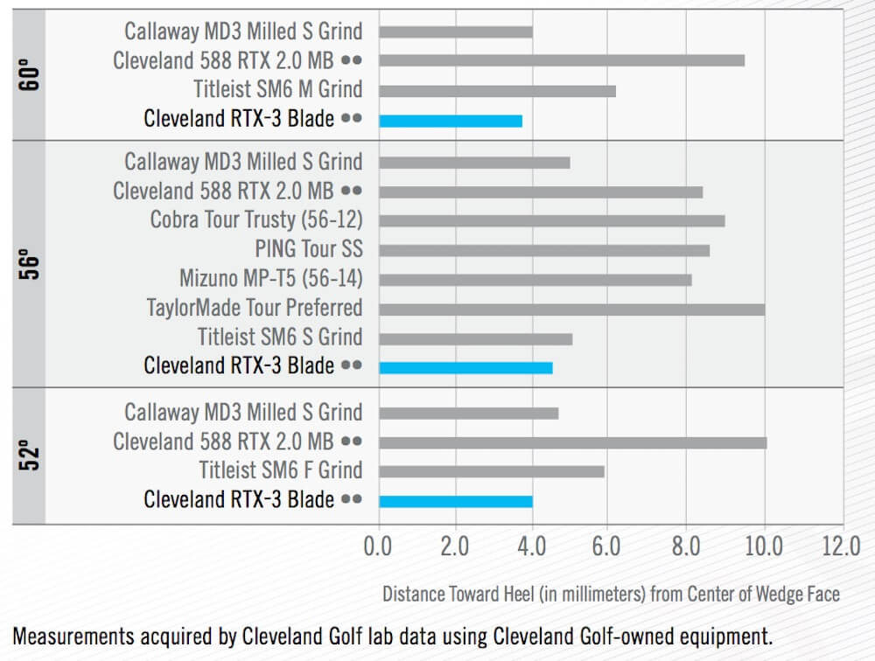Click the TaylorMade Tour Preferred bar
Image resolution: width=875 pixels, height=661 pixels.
571,309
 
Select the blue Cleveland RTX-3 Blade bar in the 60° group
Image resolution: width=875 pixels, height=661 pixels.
451,121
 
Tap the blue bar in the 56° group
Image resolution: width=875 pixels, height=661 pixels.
465,367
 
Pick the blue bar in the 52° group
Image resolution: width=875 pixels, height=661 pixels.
455,501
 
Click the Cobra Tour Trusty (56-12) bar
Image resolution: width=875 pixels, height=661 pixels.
551,220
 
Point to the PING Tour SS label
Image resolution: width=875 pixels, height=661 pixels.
309,249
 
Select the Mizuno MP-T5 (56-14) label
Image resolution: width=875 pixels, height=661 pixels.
270,279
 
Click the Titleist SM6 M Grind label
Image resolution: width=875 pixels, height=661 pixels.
278,89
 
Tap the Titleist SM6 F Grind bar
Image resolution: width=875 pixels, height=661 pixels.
491,471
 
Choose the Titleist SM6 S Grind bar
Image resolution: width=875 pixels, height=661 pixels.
475,338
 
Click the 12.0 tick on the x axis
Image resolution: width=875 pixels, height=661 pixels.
841,547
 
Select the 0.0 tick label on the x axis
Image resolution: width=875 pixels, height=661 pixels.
378,547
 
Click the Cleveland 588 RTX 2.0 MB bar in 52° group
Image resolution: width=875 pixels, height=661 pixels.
572,442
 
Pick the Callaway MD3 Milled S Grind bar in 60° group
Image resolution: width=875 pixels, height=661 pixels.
455,31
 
